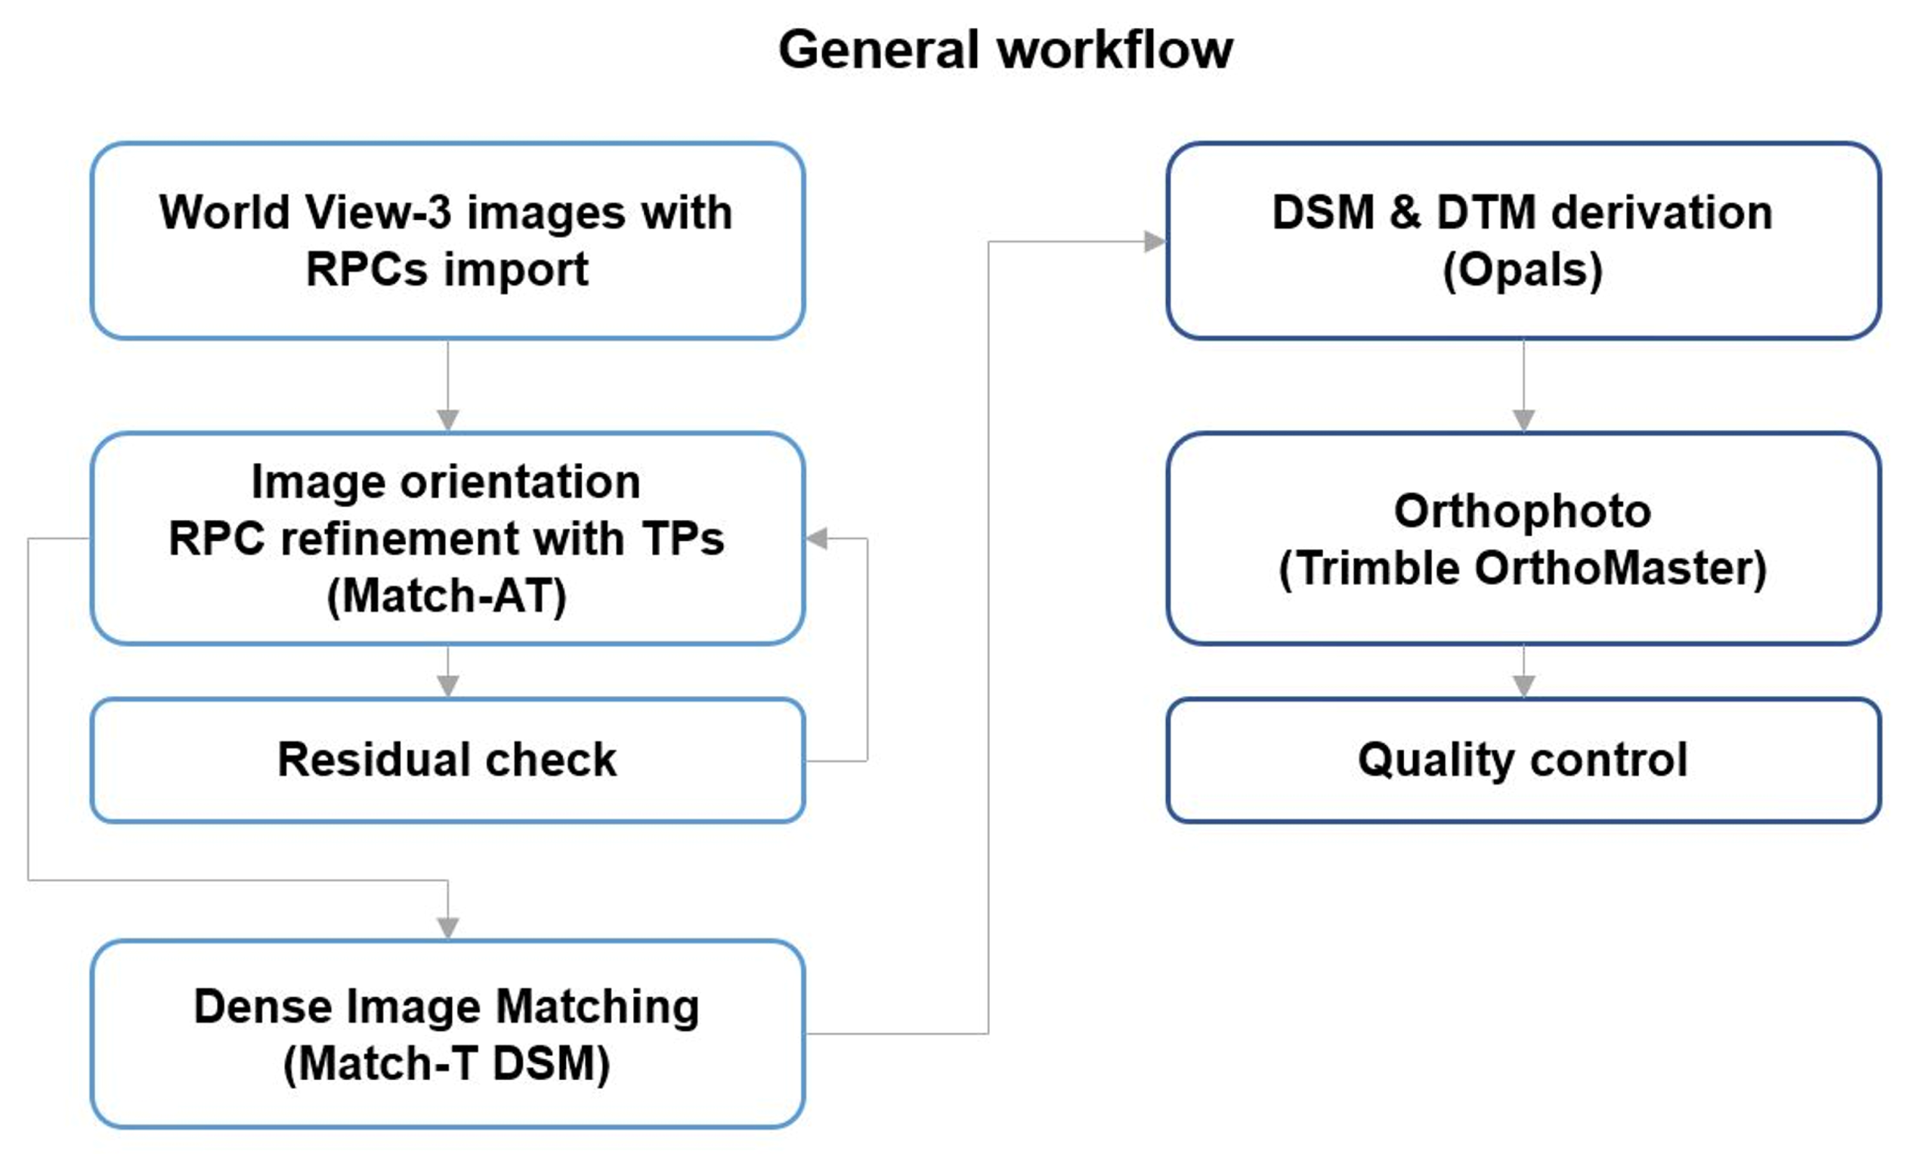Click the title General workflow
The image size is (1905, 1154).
tap(1004, 51)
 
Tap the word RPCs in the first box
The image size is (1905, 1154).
tap(367, 270)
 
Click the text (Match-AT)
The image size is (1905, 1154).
tap(447, 596)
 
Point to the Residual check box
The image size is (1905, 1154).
tap(447, 760)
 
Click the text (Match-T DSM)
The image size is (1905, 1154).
tap(447, 1063)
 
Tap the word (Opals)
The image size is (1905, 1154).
tap(1523, 270)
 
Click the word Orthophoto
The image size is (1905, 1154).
tap(1523, 512)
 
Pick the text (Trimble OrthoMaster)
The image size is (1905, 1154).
tap(1523, 568)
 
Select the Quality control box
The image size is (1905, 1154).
tap(1523, 760)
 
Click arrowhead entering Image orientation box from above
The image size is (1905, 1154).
tap(447, 420)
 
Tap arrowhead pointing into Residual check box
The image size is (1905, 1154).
tap(447, 685)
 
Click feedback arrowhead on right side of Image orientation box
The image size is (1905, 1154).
tap(817, 538)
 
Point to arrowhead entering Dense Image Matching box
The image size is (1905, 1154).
tap(447, 927)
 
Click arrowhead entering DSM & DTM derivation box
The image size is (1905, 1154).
tap(1155, 241)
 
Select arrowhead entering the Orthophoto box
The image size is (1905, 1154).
tap(1523, 420)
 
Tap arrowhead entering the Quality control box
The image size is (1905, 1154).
tap(1523, 685)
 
